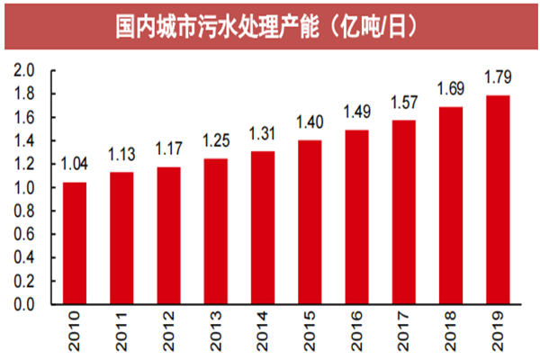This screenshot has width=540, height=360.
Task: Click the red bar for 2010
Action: click(76, 243)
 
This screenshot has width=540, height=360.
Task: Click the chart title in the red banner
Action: click(270, 27)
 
